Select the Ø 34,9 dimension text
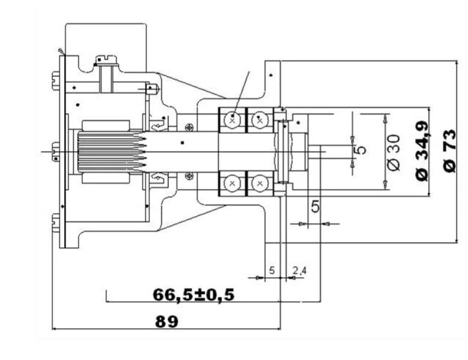[422, 151]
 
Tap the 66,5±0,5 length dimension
[194, 295]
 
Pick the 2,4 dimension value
[299, 271]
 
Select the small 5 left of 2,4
[271, 271]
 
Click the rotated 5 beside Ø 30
[361, 149]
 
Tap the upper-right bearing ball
[259, 120]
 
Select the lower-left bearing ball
[232, 183]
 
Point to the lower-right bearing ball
[259, 183]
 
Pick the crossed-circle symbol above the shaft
[190, 127]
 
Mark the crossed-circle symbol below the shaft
[190, 176]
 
